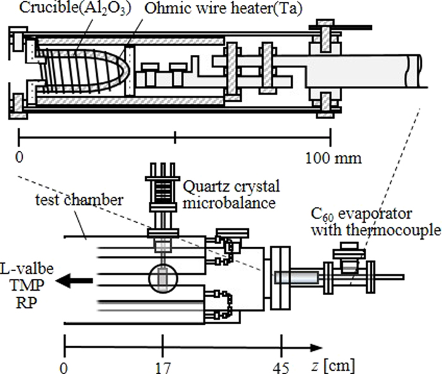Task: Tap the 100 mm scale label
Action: click(334, 157)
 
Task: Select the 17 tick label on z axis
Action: click(163, 365)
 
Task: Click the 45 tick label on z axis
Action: click(281, 365)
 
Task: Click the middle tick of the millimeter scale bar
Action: click(175, 134)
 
